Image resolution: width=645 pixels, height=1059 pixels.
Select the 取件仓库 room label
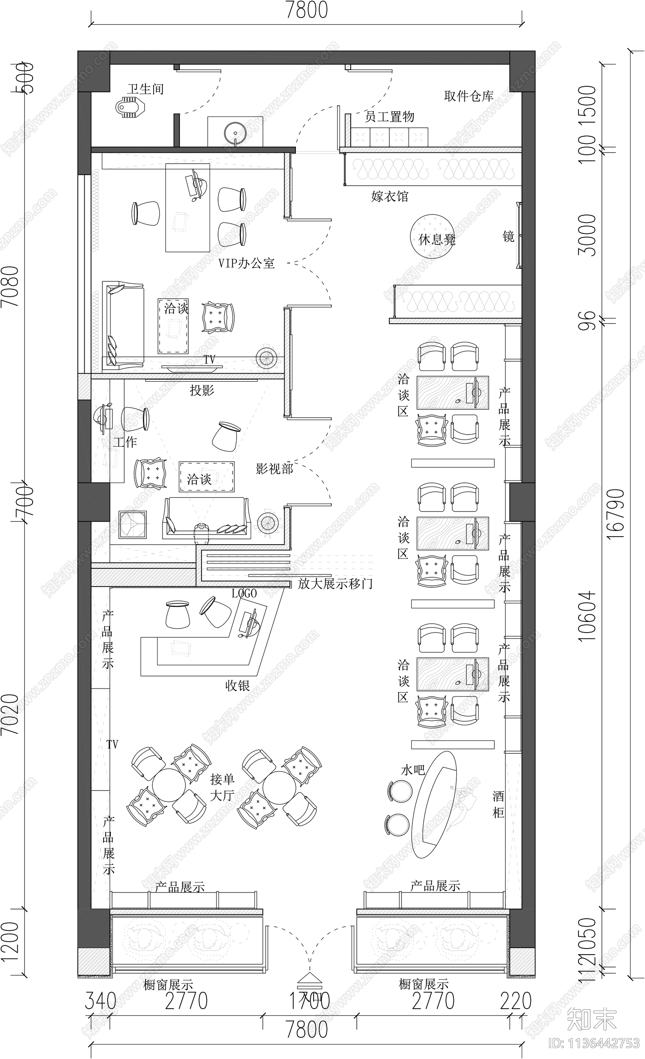click(468, 96)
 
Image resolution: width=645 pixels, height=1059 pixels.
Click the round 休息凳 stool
click(431, 236)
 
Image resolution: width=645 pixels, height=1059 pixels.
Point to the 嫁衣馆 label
click(389, 197)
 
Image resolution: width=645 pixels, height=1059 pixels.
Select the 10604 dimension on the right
click(587, 616)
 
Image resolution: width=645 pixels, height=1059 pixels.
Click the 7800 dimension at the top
click(306, 10)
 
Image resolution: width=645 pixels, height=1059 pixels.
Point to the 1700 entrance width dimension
click(309, 1001)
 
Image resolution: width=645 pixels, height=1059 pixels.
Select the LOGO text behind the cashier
click(244, 593)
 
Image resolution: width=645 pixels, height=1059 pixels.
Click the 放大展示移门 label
click(335, 584)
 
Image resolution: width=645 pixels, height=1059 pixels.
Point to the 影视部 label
click(274, 469)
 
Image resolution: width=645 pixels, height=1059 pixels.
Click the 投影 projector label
click(202, 390)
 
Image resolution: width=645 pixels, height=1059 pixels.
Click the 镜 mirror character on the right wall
click(508, 236)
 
